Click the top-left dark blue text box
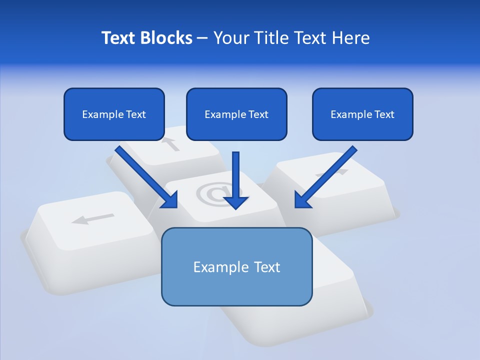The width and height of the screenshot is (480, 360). coord(114,114)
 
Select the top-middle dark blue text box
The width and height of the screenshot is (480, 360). coord(236,114)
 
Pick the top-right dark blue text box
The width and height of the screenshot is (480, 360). coord(362,114)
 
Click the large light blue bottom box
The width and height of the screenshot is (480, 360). coord(236,266)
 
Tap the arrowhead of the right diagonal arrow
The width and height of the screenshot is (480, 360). coord(298,204)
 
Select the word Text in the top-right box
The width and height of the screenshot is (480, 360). coord(384,114)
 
